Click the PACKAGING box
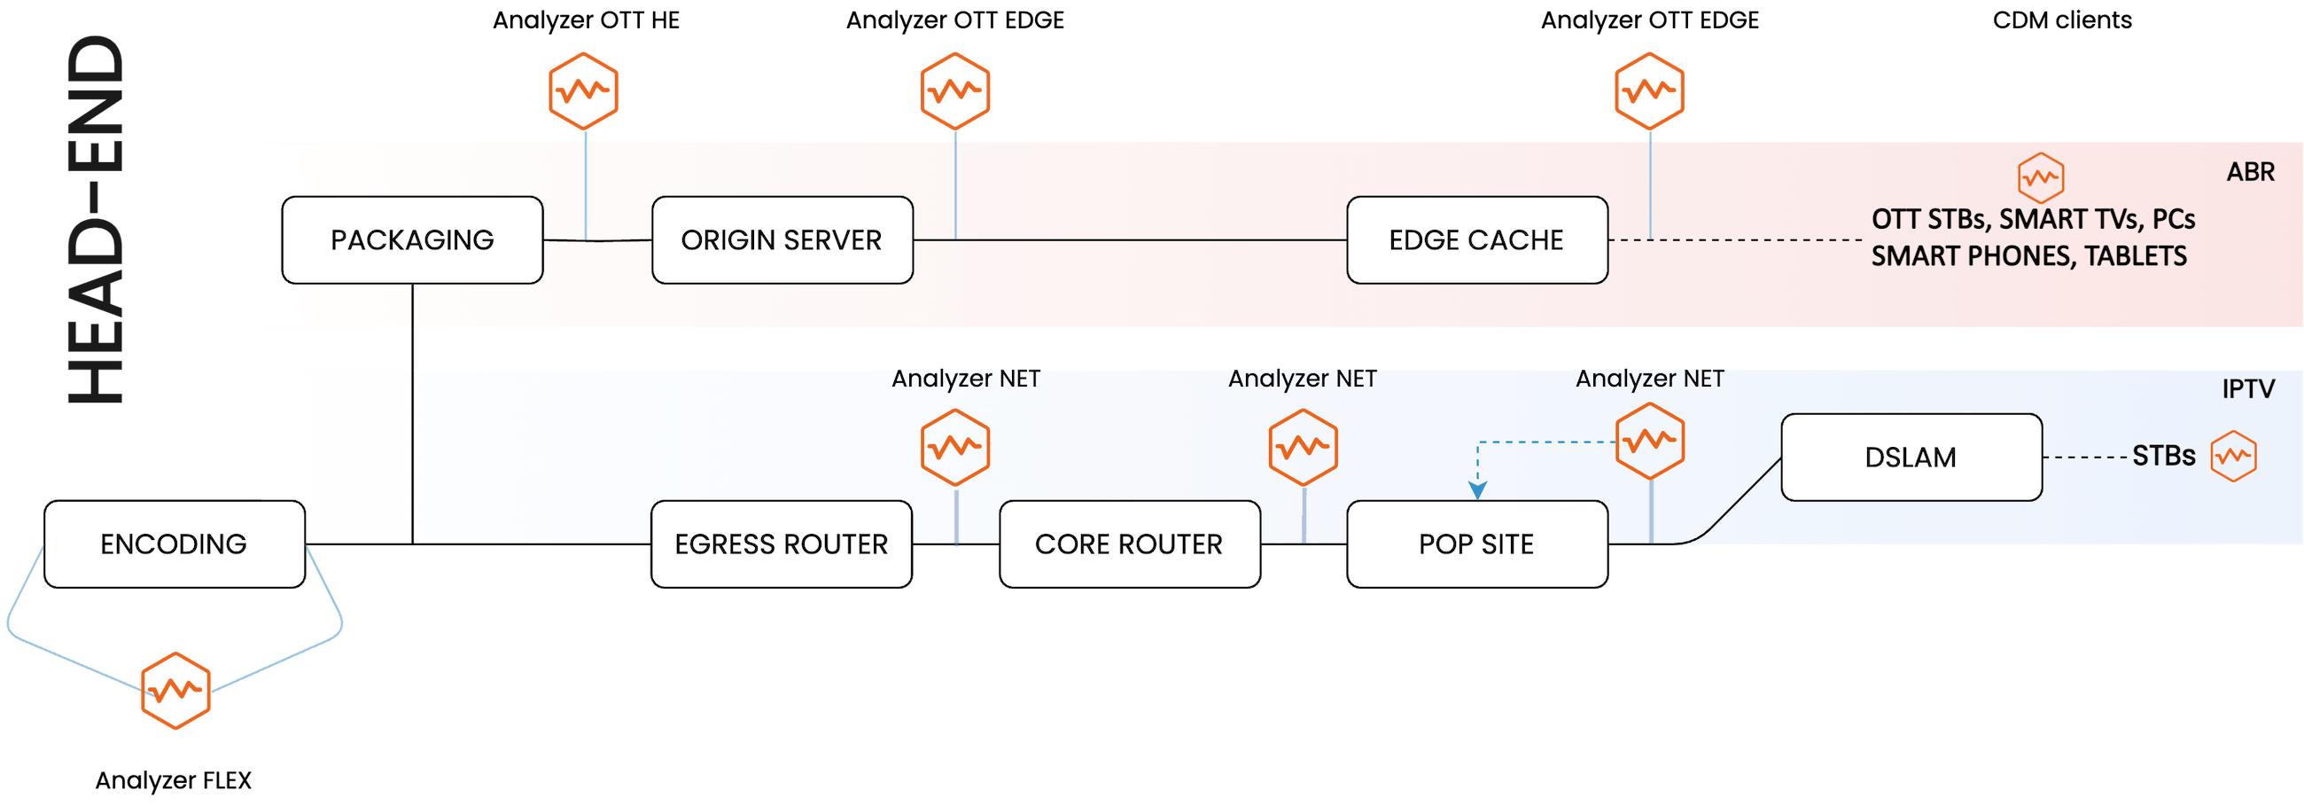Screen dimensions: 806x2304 tap(412, 239)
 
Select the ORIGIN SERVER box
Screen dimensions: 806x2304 tap(782, 239)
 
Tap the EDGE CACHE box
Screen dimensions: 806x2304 tap(1476, 239)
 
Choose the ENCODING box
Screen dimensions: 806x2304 tap(175, 544)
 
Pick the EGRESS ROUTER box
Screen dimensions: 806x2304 tap(781, 544)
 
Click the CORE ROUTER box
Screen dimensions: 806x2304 tap(1129, 544)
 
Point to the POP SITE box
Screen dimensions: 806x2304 tap(1476, 544)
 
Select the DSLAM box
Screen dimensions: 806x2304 tap(1911, 458)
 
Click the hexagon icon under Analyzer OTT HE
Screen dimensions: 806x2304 tap(584, 90)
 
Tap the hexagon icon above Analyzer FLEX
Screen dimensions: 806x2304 tap(175, 691)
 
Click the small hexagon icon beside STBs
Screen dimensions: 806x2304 tap(2233, 458)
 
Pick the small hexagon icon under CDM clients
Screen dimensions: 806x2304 tap(2041, 177)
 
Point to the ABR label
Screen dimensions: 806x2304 tap(2250, 172)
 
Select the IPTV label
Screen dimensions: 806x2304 tap(2248, 389)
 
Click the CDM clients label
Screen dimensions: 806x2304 tap(2061, 20)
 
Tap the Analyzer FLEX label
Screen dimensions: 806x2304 tap(174, 781)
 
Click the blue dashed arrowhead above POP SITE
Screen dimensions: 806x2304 tap(1477, 489)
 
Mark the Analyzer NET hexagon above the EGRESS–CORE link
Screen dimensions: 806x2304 tap(955, 446)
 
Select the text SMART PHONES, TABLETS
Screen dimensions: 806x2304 tap(2028, 257)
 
